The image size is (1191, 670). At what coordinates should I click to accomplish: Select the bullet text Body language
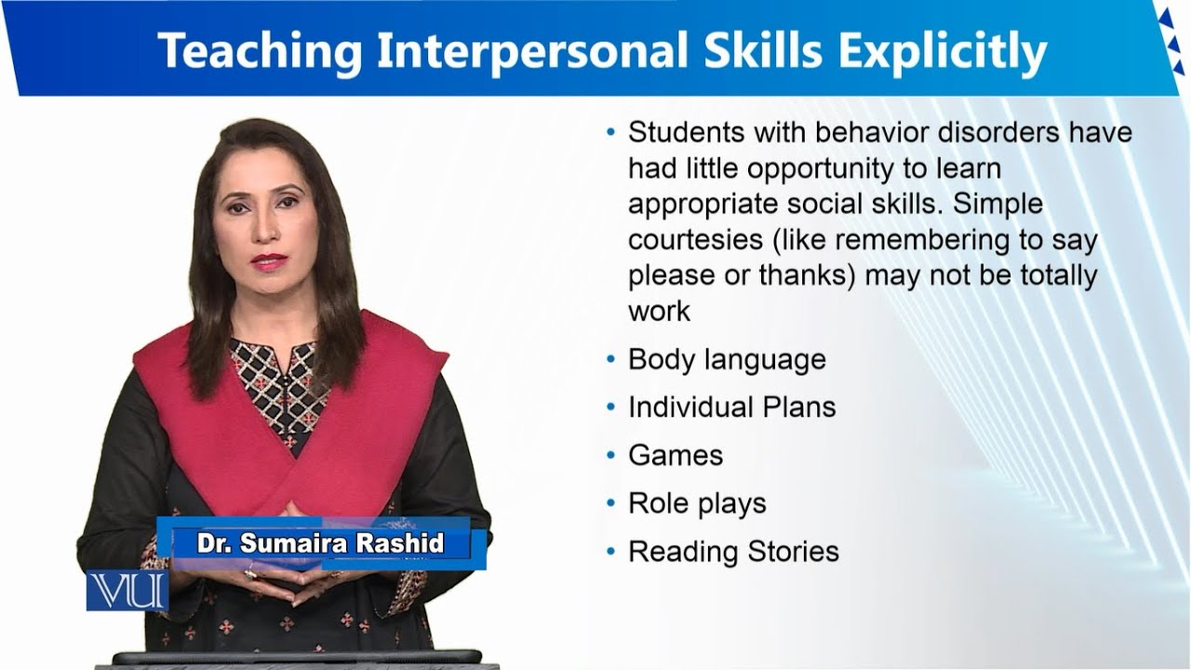tap(727, 359)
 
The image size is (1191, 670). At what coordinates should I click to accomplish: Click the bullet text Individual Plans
tap(731, 407)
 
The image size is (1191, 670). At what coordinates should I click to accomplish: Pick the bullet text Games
tap(675, 455)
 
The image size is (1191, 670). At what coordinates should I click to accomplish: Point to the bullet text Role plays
tap(697, 503)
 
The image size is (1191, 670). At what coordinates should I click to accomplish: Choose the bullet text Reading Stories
tap(733, 552)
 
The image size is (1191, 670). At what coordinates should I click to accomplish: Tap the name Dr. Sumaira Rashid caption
tap(320, 543)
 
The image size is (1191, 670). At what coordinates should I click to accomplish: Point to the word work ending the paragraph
tap(659, 311)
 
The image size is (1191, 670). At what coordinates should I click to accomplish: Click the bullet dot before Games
tap(610, 455)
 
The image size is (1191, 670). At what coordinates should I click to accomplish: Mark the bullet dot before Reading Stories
tap(610, 552)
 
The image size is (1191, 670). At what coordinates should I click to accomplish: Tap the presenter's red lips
tap(268, 261)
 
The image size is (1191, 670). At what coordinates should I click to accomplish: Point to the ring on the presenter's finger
tap(249, 574)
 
